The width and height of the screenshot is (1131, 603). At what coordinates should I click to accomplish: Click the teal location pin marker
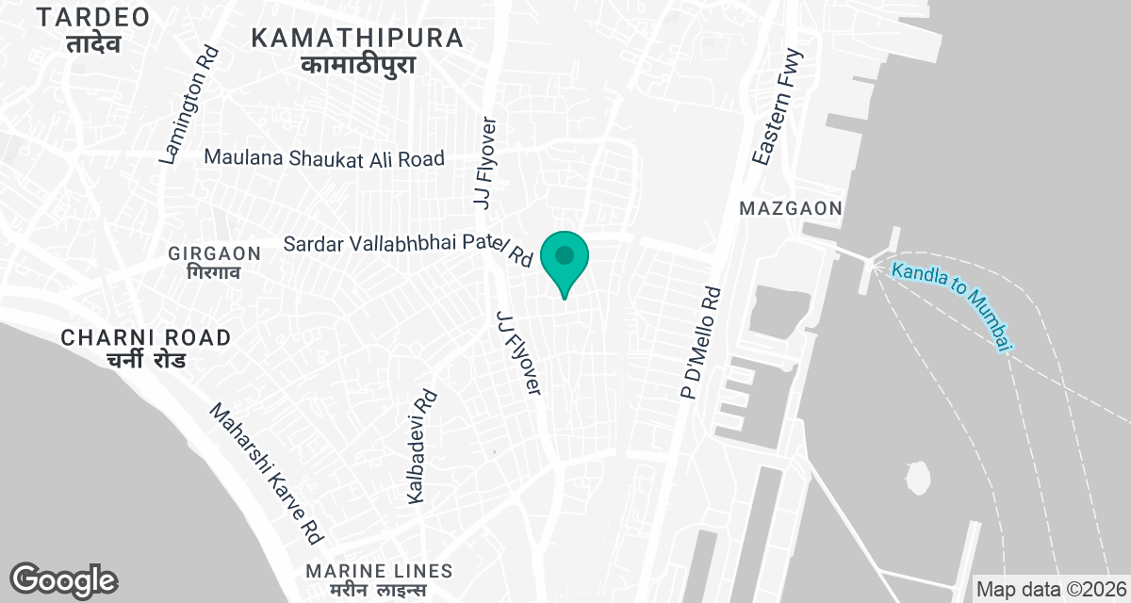[x=565, y=257]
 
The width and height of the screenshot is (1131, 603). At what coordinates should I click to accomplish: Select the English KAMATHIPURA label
[x=357, y=39]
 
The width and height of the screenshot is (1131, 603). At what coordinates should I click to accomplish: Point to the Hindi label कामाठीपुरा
[x=357, y=65]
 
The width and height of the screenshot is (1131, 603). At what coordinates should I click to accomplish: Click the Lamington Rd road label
[x=189, y=106]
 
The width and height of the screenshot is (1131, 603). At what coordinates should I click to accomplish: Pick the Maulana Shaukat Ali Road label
[x=324, y=158]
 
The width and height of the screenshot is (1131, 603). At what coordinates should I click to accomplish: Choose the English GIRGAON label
[x=214, y=253]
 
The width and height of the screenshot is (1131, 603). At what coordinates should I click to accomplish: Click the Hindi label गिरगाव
[x=214, y=273]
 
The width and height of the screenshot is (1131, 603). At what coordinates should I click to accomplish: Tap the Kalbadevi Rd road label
[x=421, y=447]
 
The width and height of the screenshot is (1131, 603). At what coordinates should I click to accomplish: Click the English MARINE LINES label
[x=380, y=571]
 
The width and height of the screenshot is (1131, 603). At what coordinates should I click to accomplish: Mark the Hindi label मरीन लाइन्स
[x=380, y=591]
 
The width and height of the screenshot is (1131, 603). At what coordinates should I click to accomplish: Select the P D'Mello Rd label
[x=700, y=343]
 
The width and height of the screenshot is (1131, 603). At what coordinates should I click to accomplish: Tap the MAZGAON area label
[x=790, y=208]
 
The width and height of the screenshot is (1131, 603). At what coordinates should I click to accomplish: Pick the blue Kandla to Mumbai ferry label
[x=951, y=305]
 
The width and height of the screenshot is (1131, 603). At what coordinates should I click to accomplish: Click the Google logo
[x=63, y=579]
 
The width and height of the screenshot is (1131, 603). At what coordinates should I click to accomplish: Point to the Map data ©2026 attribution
[x=1050, y=589]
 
